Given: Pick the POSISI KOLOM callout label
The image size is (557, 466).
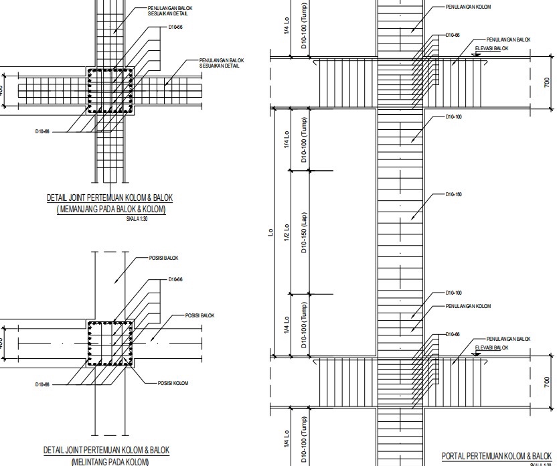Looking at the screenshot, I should [x=173, y=383].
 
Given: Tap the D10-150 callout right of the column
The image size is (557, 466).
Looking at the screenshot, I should [x=454, y=194].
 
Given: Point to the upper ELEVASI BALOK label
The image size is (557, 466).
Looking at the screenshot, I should [x=492, y=49].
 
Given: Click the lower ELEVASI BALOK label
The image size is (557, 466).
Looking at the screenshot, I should [x=492, y=348].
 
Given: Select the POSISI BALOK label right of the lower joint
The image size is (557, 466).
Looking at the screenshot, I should [x=200, y=315].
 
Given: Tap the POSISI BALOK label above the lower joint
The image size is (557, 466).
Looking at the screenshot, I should [x=163, y=258].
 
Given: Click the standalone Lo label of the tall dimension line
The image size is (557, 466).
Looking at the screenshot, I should [x=270, y=233].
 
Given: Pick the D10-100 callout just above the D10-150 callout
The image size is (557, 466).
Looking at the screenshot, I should [x=454, y=117].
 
